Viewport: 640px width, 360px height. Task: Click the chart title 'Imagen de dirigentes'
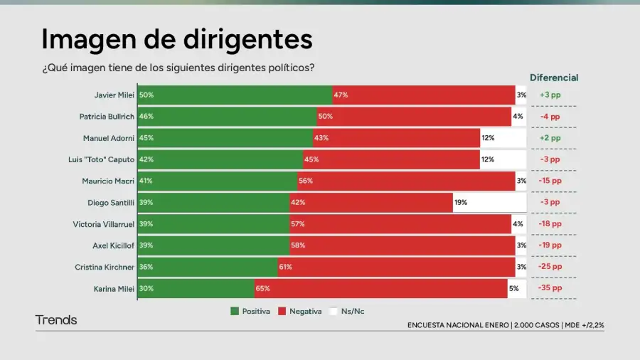[x=177, y=39]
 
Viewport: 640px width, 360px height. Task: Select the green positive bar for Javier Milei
[x=235, y=95]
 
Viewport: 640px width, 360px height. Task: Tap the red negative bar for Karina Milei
[x=381, y=289]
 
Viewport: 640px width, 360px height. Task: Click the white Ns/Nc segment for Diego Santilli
[x=489, y=203]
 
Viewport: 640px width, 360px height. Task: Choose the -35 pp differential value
[x=550, y=289]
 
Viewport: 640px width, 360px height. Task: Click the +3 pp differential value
[x=550, y=95]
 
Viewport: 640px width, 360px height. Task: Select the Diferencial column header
[x=554, y=78]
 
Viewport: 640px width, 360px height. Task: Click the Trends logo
[x=56, y=320]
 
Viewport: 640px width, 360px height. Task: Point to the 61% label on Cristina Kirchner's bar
[x=285, y=268]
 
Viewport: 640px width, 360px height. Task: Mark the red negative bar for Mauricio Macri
[x=406, y=181]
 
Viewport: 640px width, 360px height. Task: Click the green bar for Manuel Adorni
[x=225, y=138]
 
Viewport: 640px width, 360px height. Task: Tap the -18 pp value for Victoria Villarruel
[x=550, y=224]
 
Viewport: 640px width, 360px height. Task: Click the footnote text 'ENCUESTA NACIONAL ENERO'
[x=457, y=325]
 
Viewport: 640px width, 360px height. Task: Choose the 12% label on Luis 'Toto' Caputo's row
[x=487, y=159]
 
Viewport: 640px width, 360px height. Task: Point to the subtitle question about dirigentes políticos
[x=178, y=68]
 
